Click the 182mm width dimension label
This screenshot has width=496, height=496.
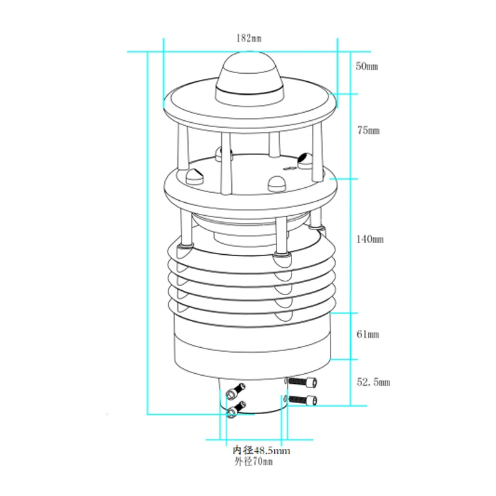click(x=249, y=38)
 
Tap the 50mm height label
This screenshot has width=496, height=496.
click(x=366, y=66)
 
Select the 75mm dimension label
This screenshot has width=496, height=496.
click(x=368, y=130)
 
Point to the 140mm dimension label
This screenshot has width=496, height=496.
click(x=370, y=239)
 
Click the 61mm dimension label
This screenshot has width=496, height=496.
click(x=368, y=334)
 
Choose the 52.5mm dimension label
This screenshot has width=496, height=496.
click(x=373, y=382)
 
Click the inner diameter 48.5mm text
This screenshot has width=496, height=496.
click(x=261, y=450)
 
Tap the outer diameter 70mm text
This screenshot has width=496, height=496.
click(x=254, y=461)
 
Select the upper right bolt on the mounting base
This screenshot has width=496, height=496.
click(x=301, y=382)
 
